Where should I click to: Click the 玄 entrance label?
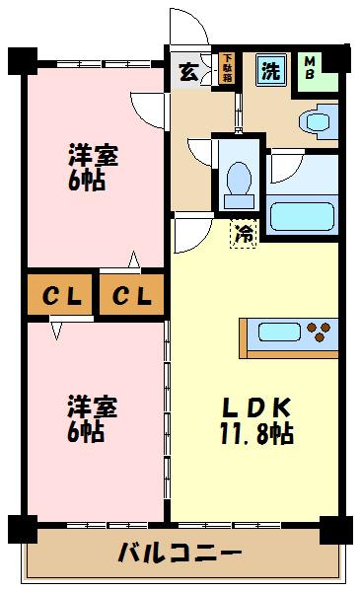[x=187, y=71]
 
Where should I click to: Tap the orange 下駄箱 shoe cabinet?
[x=227, y=70]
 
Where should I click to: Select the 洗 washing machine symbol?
[x=269, y=70]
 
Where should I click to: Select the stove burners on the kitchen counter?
[x=322, y=330]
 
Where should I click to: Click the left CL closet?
[x=60, y=295]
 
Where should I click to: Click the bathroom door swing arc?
[x=286, y=167]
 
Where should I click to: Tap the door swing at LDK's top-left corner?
[x=189, y=235]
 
